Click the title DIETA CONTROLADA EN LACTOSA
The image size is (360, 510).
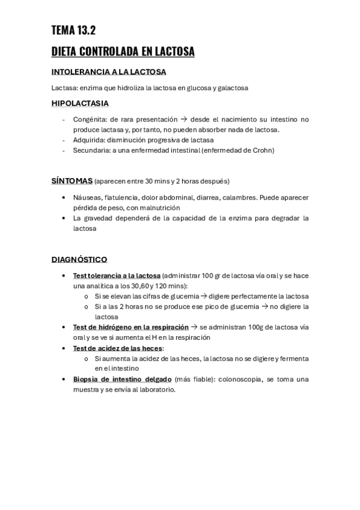coord(123,52)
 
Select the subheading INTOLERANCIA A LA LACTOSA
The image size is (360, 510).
coord(109,72)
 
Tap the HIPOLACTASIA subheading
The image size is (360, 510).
coord(80,103)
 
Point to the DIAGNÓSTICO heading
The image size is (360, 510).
coord(79,259)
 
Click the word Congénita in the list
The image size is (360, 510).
coord(87,119)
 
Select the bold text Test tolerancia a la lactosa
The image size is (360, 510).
coord(117,275)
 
